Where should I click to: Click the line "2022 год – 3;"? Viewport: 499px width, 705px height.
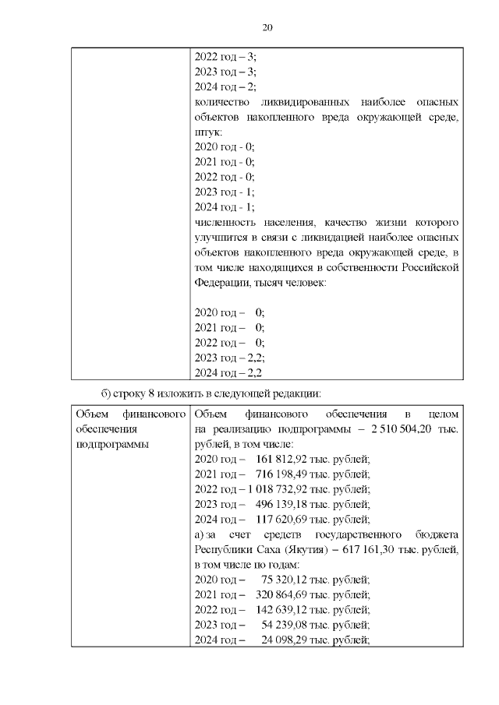tap(225, 57)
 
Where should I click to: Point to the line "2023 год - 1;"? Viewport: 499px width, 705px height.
tap(224, 192)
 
